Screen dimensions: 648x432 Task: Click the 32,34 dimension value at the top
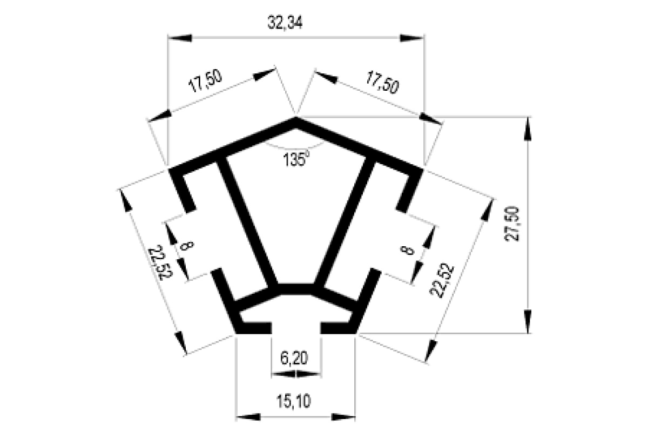tap(285, 23)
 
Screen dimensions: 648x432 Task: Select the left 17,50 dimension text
tap(205, 81)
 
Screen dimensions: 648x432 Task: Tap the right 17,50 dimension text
tap(382, 83)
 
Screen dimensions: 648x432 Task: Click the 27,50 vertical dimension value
tap(511, 224)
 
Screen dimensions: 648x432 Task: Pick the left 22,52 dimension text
tap(160, 262)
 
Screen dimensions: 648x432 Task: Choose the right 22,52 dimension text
tap(442, 280)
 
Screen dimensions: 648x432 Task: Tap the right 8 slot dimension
tap(407, 250)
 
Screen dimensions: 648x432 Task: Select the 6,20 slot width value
tap(294, 358)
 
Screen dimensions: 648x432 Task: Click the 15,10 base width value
tap(294, 401)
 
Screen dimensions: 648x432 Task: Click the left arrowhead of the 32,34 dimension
tap(180, 38)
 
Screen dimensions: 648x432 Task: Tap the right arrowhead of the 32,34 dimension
tap(412, 38)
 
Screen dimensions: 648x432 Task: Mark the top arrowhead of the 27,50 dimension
tap(528, 129)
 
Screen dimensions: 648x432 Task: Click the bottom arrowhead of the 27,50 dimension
tap(528, 321)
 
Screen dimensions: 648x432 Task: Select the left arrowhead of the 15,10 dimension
tap(248, 417)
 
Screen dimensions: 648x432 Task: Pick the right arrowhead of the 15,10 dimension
tap(343, 417)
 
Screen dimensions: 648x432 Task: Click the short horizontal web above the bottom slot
tap(296, 289)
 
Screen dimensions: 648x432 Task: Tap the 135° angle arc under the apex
tap(295, 146)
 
